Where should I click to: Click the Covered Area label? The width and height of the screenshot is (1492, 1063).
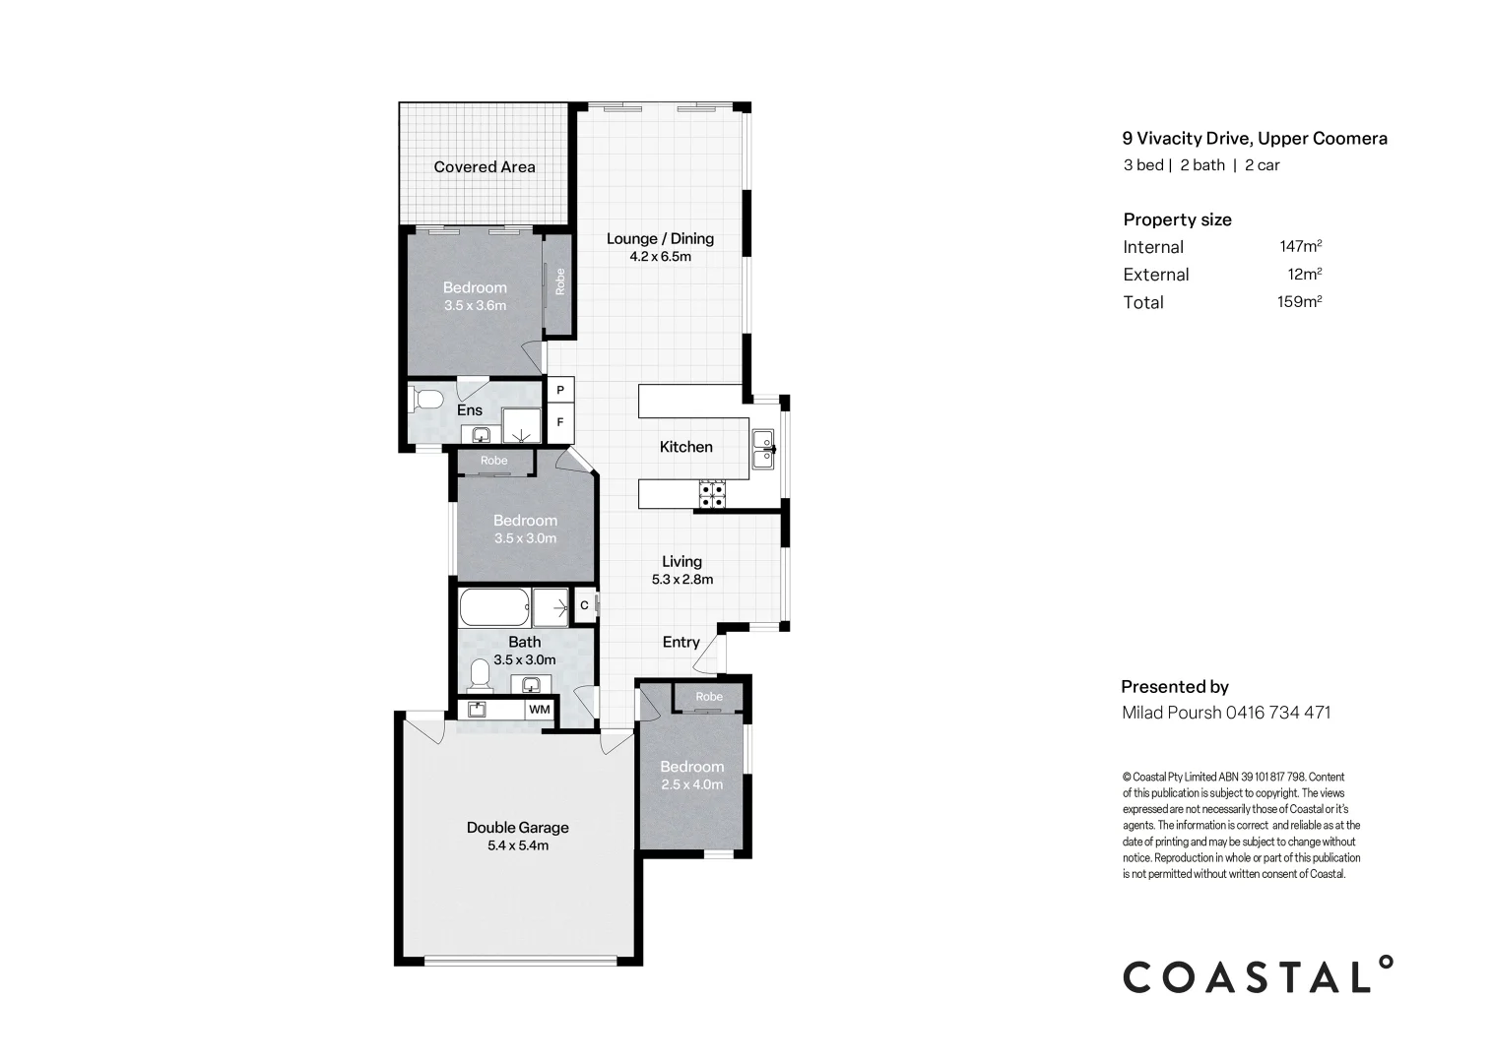(485, 167)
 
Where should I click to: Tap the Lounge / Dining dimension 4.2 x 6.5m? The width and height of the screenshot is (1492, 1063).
(660, 257)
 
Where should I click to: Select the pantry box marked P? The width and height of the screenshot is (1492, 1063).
(560, 391)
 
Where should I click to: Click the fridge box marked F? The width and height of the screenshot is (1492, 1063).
(560, 422)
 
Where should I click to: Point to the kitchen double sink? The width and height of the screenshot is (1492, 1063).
(763, 449)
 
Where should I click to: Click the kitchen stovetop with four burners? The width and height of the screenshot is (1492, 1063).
(712, 494)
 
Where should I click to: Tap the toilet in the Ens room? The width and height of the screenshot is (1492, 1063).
(426, 401)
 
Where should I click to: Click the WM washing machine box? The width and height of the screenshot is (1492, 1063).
(540, 709)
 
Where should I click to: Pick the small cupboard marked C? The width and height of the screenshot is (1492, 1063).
(584, 606)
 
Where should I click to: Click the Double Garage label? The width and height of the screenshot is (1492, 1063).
(517, 828)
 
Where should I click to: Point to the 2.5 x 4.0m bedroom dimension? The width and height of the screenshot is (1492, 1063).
(691, 784)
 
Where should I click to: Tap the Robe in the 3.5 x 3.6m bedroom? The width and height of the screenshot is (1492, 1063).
(559, 281)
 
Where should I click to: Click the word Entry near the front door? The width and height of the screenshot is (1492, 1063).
(681, 642)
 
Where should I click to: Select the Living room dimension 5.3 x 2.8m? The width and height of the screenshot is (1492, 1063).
(681, 580)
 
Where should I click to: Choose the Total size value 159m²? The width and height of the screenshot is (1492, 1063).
(1299, 302)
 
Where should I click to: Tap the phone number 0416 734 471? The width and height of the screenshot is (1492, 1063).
(1278, 713)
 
